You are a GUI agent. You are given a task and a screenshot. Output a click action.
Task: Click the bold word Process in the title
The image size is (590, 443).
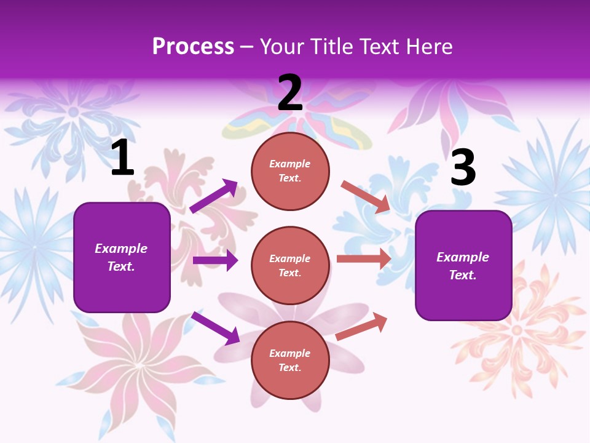tap(193, 47)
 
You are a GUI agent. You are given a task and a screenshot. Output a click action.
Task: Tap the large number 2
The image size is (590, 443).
tap(290, 93)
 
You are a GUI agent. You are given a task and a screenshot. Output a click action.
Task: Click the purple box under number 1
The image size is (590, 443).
tap(122, 257)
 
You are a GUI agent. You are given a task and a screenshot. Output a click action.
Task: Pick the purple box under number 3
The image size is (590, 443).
tap(463, 266)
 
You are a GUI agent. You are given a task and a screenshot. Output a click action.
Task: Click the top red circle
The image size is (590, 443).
tap(290, 170)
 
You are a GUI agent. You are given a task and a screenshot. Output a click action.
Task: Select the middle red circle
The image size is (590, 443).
tap(290, 265)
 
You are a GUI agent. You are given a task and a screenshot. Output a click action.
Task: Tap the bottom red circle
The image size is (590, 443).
tap(290, 360)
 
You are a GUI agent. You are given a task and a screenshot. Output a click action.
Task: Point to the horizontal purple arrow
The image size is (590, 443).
tap(215, 260)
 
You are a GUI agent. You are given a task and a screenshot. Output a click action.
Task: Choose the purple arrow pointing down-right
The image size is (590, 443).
tap(215, 328)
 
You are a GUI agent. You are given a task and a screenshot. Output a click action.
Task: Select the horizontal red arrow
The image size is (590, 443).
tap(364, 258)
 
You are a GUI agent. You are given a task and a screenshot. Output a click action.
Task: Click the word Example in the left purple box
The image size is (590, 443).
tap(121, 249)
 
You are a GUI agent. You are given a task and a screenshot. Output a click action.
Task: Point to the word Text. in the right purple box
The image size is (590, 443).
tap(463, 275)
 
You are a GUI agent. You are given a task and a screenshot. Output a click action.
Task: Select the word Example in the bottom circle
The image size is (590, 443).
tap(290, 353)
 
